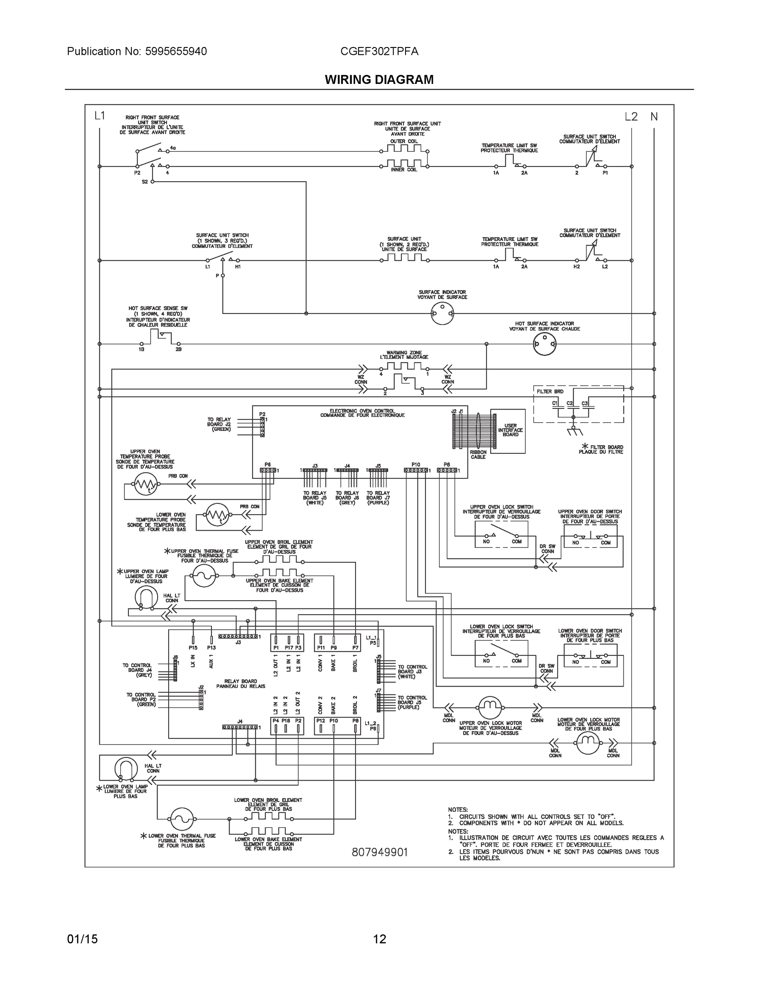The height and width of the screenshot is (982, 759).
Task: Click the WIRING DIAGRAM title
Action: [x=379, y=80]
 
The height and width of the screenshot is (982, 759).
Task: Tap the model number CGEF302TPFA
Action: [x=379, y=51]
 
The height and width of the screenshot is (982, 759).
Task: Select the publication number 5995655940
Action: [x=176, y=51]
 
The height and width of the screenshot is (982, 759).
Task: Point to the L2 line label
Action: [x=631, y=117]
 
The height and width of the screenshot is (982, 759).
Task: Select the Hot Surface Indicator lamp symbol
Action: [x=545, y=345]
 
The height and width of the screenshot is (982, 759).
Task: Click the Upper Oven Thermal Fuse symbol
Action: [x=204, y=576]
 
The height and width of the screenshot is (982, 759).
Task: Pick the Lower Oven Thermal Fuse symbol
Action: [x=182, y=819]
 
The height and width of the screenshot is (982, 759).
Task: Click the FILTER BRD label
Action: [x=550, y=392]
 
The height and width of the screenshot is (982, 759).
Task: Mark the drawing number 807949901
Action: [x=380, y=853]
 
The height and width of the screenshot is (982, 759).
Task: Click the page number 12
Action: [x=380, y=939]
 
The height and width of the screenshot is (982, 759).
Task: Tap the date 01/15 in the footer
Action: [x=82, y=939]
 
